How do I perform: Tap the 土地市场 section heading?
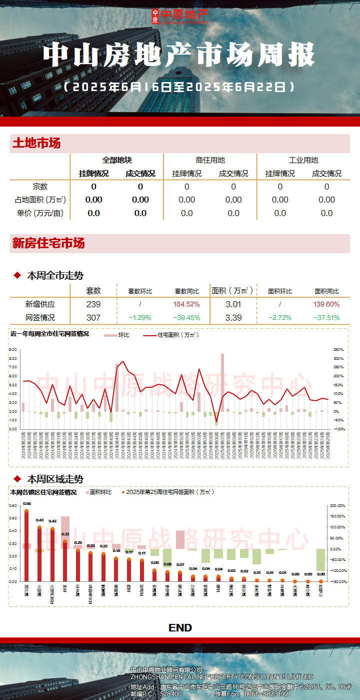point(36,144)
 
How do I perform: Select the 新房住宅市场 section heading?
point(48,244)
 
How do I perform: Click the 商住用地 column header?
point(210,160)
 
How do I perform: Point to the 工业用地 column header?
point(303,160)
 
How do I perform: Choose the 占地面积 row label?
point(40,200)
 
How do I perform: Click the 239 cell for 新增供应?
point(93,304)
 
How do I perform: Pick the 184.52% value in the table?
point(186,304)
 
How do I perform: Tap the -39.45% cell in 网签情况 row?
point(186,318)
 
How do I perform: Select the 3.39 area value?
point(233,318)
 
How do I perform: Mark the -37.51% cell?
point(326,318)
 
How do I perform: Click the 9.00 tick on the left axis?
point(13,350)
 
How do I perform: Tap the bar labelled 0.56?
point(26,545)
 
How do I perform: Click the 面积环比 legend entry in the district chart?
point(100,492)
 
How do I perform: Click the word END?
point(180,628)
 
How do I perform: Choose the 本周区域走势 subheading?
point(55,479)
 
